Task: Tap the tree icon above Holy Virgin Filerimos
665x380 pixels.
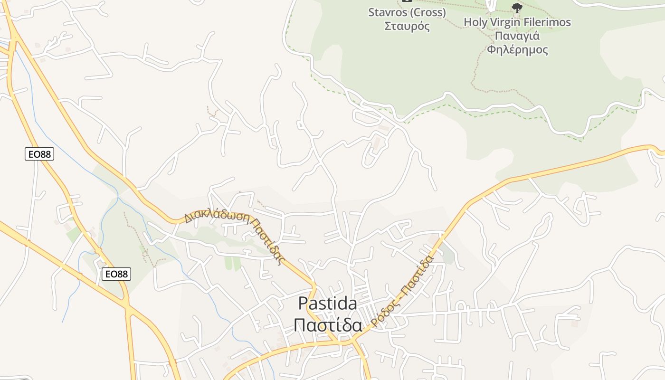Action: tap(517, 8)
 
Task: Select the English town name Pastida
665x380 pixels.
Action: tap(328, 303)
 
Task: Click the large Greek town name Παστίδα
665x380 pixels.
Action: tap(328, 325)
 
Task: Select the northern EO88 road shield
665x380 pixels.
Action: tap(39, 154)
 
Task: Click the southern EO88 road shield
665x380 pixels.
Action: tap(116, 274)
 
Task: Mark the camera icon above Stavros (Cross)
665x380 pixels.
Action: tap(403, 1)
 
